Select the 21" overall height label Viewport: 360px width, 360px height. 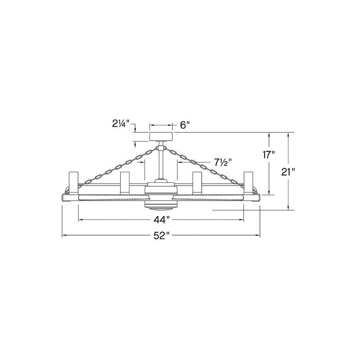tap(288, 172)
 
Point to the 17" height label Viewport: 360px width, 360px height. tap(269, 155)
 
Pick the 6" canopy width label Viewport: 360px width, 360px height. tap(185, 125)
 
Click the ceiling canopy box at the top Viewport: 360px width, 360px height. tap(161, 136)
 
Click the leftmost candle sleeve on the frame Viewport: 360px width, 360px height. tap(74, 183)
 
